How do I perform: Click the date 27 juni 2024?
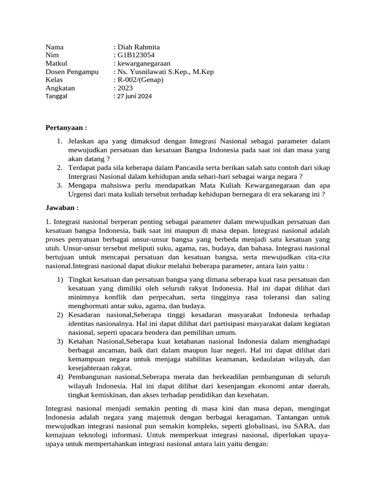pyautogui.click(x=134, y=96)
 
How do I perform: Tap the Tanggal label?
pyautogui.click(x=56, y=96)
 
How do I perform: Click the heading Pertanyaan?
pyautogui.click(x=66, y=128)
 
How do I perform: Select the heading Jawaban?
pyautogui.click(x=62, y=207)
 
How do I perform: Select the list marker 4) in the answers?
pyautogui.click(x=60, y=377)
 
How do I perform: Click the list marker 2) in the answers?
pyautogui.click(x=60, y=315)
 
